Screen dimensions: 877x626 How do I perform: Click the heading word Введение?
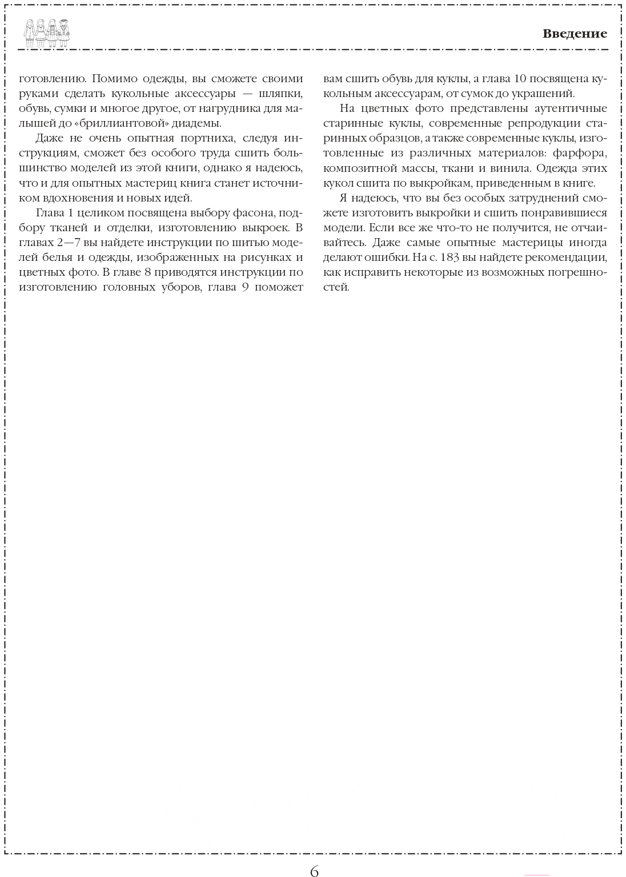point(575,34)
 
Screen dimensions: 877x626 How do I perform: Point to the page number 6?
point(314,870)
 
